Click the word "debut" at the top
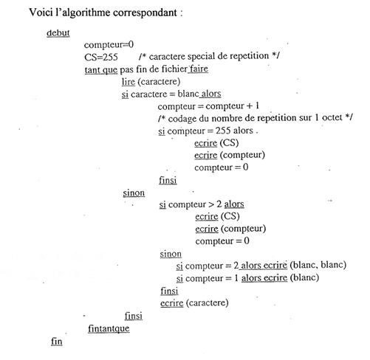pyautogui.click(x=58, y=33)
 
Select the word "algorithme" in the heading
pyautogui.click(x=86, y=13)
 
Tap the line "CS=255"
pyautogui.click(x=101, y=57)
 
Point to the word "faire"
pyautogui.click(x=199, y=69)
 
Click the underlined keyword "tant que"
pyautogui.click(x=101, y=70)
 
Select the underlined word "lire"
pyautogui.click(x=129, y=82)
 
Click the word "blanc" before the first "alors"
pyautogui.click(x=188, y=94)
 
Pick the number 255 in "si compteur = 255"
pyautogui.click(x=223, y=131)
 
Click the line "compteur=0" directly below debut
pyautogui.click(x=109, y=45)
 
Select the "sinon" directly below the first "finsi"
pyautogui.click(x=134, y=193)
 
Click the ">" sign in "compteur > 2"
pyautogui.click(x=211, y=204)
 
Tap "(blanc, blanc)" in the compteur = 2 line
pyautogui.click(x=318, y=265)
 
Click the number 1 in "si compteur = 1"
pyautogui.click(x=236, y=278)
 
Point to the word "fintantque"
pyautogui.click(x=109, y=328)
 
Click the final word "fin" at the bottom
pyautogui.click(x=57, y=342)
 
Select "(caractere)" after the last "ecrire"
pyautogui.click(x=208, y=302)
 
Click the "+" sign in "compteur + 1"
pyautogui.click(x=250, y=106)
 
